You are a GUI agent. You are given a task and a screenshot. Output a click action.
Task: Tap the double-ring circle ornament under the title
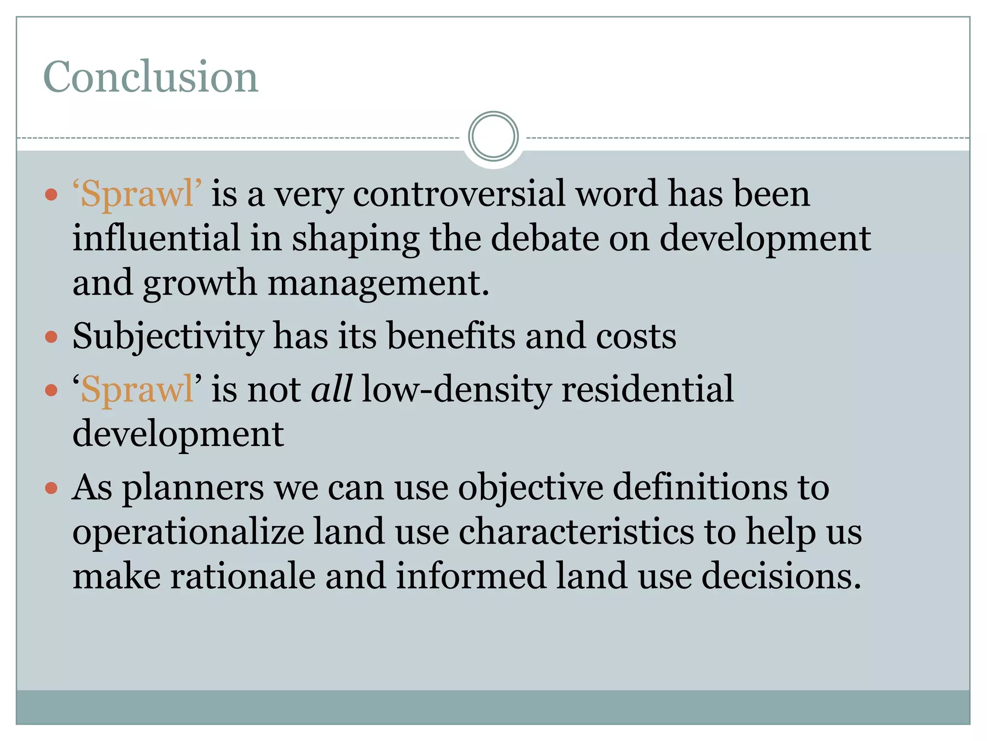pyautogui.click(x=493, y=136)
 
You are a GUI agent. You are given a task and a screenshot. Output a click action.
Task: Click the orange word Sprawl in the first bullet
pyautogui.click(x=137, y=194)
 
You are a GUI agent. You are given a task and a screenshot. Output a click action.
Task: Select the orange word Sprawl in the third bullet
pyautogui.click(x=137, y=390)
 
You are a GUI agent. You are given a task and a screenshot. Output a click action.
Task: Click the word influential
pyautogui.click(x=156, y=238)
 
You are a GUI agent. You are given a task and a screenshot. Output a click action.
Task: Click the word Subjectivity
pyautogui.click(x=168, y=337)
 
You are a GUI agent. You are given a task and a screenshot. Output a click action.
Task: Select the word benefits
pyautogui.click(x=451, y=336)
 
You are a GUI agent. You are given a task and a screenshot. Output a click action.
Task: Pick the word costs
pyautogui.click(x=636, y=337)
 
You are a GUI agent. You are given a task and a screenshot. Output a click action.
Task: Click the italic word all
pyautogui.click(x=332, y=389)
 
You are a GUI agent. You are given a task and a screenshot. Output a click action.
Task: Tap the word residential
pyautogui.click(x=647, y=389)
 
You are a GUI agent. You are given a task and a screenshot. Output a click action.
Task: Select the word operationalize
pyautogui.click(x=188, y=532)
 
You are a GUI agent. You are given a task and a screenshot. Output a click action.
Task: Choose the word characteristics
pyautogui.click(x=576, y=532)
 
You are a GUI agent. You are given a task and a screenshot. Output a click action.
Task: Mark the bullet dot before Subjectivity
pyautogui.click(x=51, y=336)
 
